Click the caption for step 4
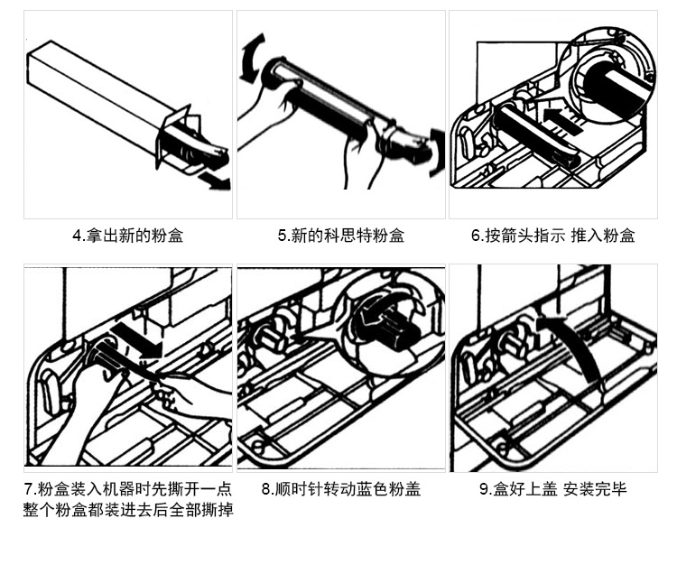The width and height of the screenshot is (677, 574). pos(127,236)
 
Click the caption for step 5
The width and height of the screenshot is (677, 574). pos(340,236)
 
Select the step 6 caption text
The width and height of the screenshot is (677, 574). pos(552,236)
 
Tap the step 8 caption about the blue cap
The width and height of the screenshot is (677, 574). pos(340,490)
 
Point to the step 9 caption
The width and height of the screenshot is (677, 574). pos(552,490)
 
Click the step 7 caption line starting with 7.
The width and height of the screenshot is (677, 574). pos(127,490)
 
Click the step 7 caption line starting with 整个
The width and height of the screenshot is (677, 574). pos(127,510)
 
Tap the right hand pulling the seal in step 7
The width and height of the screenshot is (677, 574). pos(194,397)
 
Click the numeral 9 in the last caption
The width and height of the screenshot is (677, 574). pos(484,490)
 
